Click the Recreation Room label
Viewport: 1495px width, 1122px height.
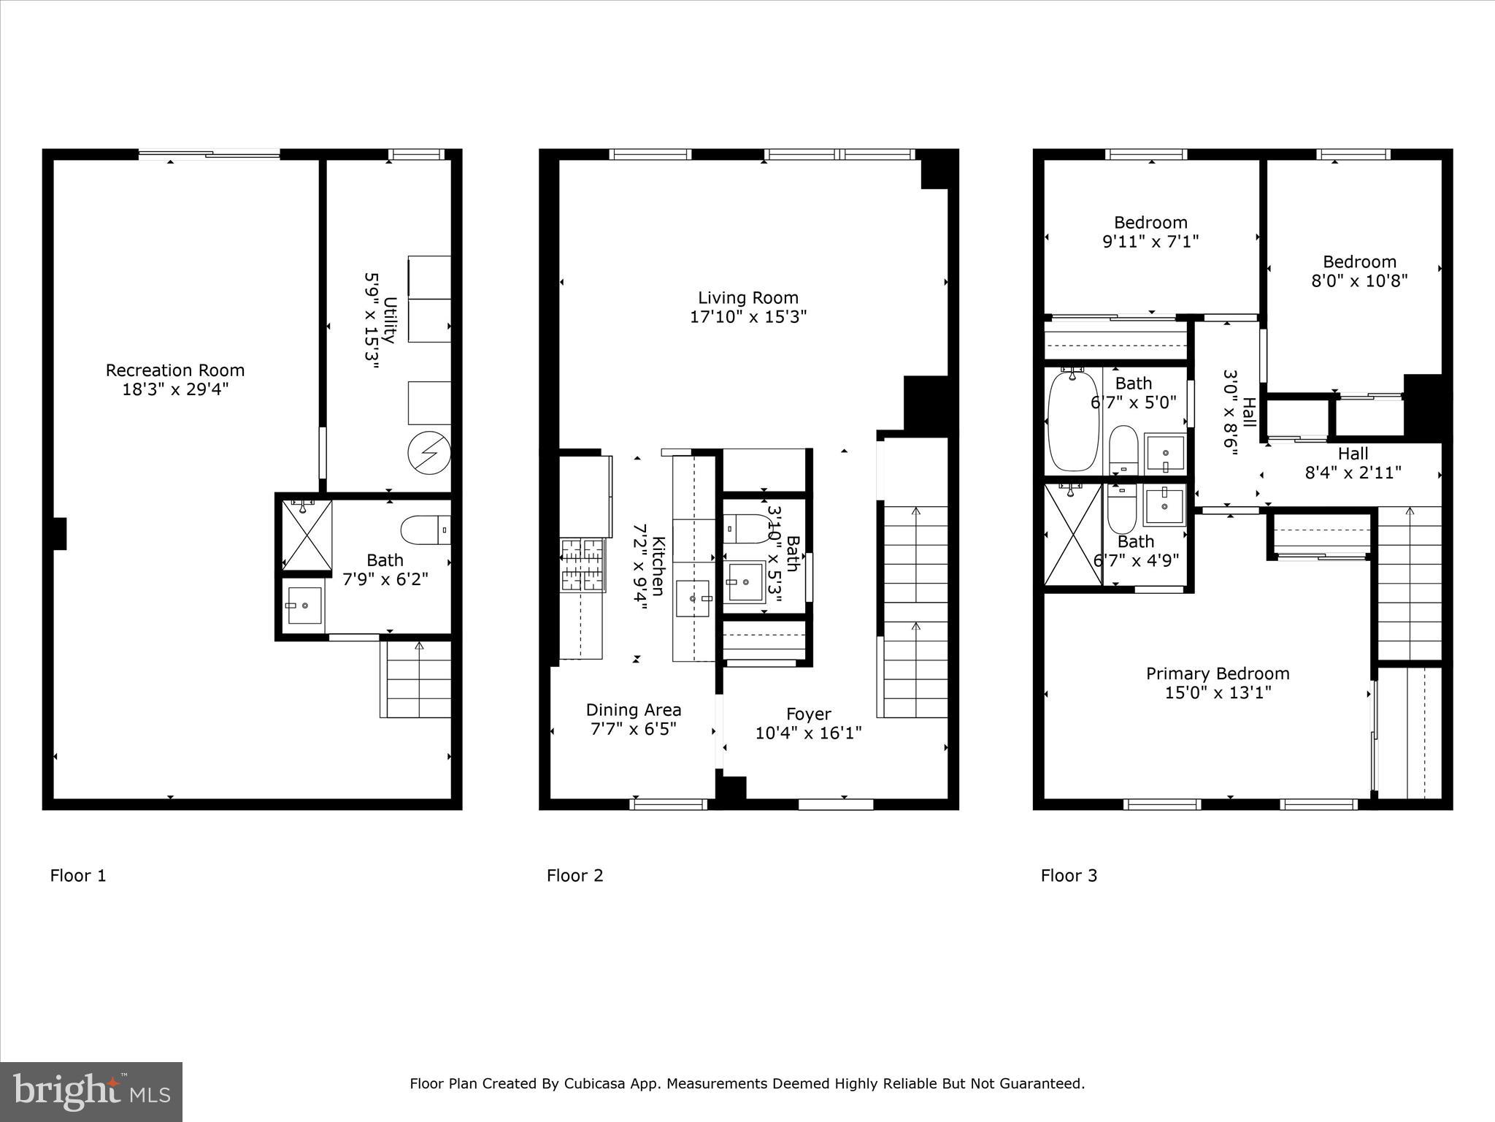tap(174, 370)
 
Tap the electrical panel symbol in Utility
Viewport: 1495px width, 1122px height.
tap(428, 454)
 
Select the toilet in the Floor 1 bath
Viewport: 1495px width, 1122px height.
tap(425, 530)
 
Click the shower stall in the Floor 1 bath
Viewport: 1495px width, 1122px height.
tap(307, 535)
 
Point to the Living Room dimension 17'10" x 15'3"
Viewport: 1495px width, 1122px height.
tap(747, 317)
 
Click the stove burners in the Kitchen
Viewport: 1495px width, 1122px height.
tap(583, 565)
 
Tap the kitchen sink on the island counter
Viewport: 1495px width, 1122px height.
tap(692, 598)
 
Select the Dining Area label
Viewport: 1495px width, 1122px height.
tap(633, 710)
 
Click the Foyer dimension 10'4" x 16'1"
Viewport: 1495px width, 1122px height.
tap(808, 733)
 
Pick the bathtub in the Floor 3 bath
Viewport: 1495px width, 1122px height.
tap(1072, 421)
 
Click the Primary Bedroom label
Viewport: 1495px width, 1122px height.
tap(1217, 673)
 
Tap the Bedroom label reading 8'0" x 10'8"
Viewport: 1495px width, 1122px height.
tap(1359, 262)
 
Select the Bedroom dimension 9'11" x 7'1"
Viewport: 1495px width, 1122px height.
tap(1150, 241)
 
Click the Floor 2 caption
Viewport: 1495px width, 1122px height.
tap(574, 875)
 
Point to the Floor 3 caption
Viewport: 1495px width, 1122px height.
tap(1069, 875)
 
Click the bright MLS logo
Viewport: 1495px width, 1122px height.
tap(91, 1091)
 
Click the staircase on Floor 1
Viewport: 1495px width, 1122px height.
tap(415, 679)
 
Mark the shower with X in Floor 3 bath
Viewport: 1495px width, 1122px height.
tap(1072, 534)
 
